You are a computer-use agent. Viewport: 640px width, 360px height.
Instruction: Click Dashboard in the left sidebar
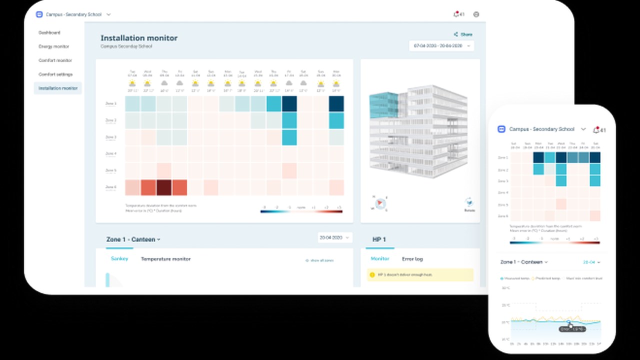(49, 32)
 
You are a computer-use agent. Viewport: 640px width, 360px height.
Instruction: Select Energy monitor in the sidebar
(54, 46)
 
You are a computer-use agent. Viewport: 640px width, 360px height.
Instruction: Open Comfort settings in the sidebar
(55, 74)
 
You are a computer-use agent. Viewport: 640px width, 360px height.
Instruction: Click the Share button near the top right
(463, 34)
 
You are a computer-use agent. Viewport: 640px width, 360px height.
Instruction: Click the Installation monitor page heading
(139, 38)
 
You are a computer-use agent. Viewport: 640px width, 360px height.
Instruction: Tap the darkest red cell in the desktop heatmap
(164, 187)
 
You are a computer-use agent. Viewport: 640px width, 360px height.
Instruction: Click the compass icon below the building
(379, 203)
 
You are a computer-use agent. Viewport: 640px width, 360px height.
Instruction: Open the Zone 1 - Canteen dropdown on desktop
(133, 239)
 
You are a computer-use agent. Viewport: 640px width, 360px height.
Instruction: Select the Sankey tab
(119, 259)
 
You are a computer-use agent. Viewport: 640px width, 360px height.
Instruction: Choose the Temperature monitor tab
(165, 259)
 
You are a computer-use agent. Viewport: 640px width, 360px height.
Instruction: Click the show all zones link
(320, 260)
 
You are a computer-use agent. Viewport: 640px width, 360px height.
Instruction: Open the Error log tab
(412, 259)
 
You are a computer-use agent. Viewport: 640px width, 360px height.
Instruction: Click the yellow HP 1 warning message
(420, 275)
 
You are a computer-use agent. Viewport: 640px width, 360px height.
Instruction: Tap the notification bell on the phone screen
(596, 130)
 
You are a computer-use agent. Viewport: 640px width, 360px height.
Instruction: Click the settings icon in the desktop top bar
(476, 14)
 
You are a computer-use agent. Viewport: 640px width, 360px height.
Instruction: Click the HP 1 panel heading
(379, 239)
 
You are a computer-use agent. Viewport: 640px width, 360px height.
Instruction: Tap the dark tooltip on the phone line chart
(572, 329)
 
